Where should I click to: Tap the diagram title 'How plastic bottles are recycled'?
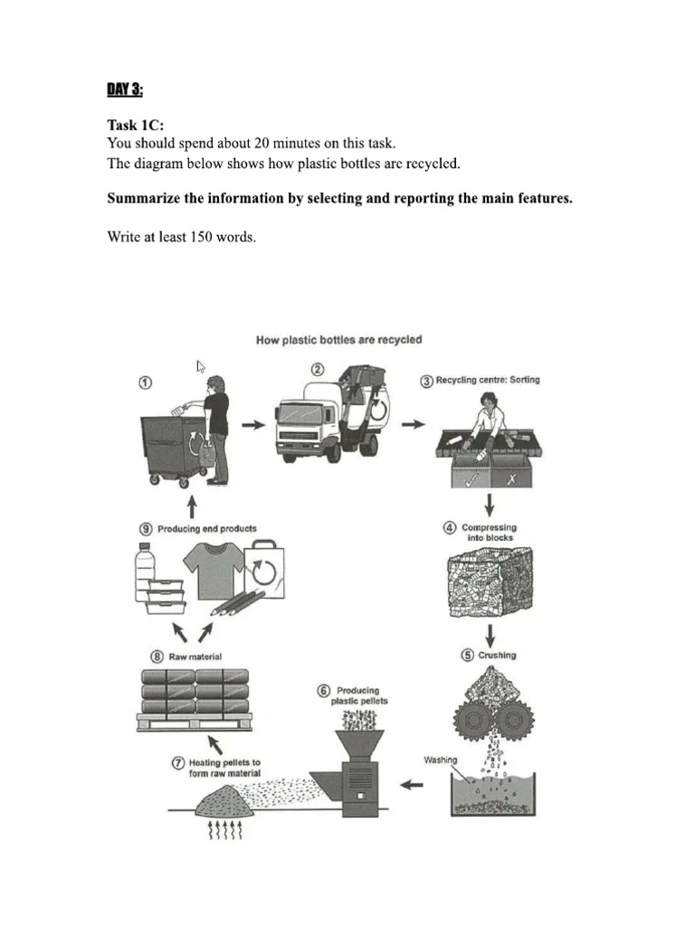coord(338,340)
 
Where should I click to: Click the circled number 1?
coord(144,383)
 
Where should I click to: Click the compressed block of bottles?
coord(488,583)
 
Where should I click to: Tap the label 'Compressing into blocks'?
coord(488,533)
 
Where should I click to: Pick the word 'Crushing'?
coord(497,655)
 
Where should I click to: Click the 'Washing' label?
coord(441,761)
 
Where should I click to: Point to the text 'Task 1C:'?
coord(136,126)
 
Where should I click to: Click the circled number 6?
coord(323,691)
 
